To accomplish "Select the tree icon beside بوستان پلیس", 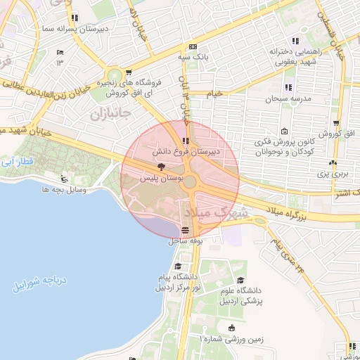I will (162, 167).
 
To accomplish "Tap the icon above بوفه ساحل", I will (185, 230).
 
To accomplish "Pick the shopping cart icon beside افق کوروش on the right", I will (335, 122).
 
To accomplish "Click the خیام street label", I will (214, 92).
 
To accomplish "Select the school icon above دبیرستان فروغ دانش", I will (185, 141).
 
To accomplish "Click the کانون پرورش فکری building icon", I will (284, 131).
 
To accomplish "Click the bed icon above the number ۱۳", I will (60, 53).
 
